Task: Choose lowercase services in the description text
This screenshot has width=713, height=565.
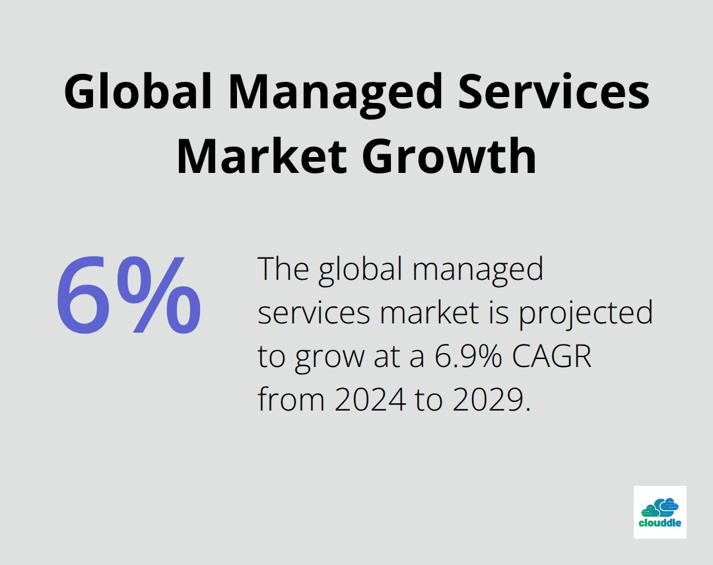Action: [x=314, y=313]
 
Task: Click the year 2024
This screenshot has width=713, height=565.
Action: [x=369, y=399]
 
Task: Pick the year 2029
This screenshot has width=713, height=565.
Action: [x=491, y=399]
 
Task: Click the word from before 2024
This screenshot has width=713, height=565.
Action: [x=291, y=399]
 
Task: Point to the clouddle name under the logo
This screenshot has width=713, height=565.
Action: [x=660, y=524]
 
